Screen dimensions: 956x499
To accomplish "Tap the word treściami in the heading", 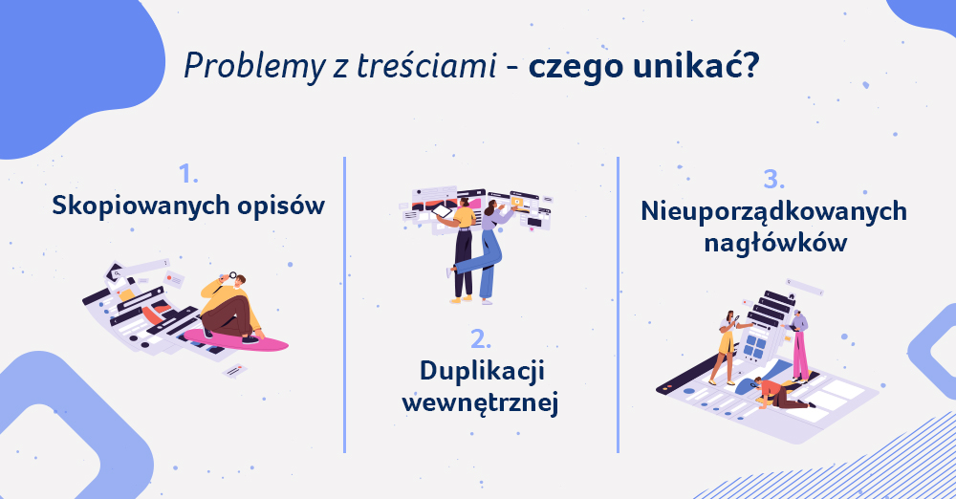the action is pyautogui.click(x=426, y=65).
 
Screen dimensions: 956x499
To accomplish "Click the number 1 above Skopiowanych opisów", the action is pyautogui.click(x=187, y=175).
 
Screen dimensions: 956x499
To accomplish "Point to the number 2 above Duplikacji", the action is pyautogui.click(x=481, y=339).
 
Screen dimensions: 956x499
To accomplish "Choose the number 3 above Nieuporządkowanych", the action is pyautogui.click(x=773, y=180).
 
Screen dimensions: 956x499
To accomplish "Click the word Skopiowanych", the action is pyautogui.click(x=141, y=206).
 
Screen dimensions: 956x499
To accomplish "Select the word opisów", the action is pyautogui.click(x=281, y=206).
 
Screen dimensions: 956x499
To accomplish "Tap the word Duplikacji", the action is pyautogui.click(x=482, y=372).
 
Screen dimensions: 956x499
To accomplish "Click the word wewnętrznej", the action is pyautogui.click(x=481, y=403).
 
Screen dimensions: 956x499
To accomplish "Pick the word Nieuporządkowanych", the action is pyautogui.click(x=773, y=211).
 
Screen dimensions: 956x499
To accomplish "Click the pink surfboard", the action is pyautogui.click(x=235, y=339).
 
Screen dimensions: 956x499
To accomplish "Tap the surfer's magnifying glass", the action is pyautogui.click(x=231, y=276).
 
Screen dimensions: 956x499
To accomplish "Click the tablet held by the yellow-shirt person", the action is pyautogui.click(x=442, y=211).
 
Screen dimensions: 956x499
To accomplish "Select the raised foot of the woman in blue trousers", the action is pyautogui.click(x=450, y=271).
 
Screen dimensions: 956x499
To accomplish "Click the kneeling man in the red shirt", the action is pyautogui.click(x=780, y=394).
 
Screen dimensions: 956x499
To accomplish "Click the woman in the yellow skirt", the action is pyautogui.click(x=727, y=348).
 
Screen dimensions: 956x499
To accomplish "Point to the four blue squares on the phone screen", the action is pyautogui.click(x=755, y=346).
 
